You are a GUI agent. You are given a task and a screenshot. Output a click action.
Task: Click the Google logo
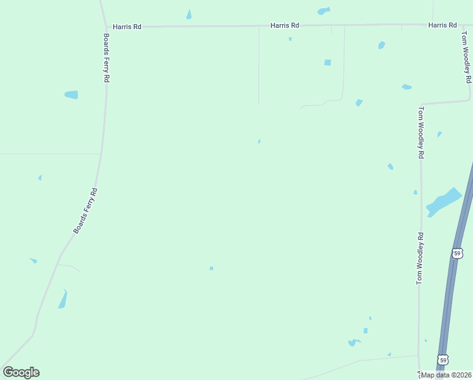21,372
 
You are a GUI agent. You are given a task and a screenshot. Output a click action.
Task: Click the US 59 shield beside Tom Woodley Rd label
457,253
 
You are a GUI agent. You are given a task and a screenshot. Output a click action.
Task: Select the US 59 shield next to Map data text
443,360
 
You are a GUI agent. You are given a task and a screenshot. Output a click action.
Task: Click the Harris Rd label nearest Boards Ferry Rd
127,27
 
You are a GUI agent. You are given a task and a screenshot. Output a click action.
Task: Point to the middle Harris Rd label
285,25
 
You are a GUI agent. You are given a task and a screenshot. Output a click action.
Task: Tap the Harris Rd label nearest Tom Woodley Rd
442,25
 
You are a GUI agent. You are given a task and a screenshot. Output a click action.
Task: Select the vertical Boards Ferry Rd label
107,59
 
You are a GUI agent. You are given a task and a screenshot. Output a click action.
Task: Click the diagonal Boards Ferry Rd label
85,211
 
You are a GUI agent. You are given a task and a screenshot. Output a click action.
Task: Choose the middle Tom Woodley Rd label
421,132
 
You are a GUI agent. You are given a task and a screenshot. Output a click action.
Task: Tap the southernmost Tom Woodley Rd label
419,258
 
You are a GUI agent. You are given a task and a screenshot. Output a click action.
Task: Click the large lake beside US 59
444,202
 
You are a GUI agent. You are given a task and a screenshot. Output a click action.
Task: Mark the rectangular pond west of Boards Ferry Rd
71,95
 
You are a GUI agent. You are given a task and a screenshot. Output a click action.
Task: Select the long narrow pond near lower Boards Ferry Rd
63,299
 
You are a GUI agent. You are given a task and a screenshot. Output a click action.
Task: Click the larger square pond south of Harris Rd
328,62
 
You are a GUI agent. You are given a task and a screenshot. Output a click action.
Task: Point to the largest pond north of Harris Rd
324,11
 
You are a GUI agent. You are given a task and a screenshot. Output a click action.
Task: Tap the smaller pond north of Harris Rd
189,15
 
